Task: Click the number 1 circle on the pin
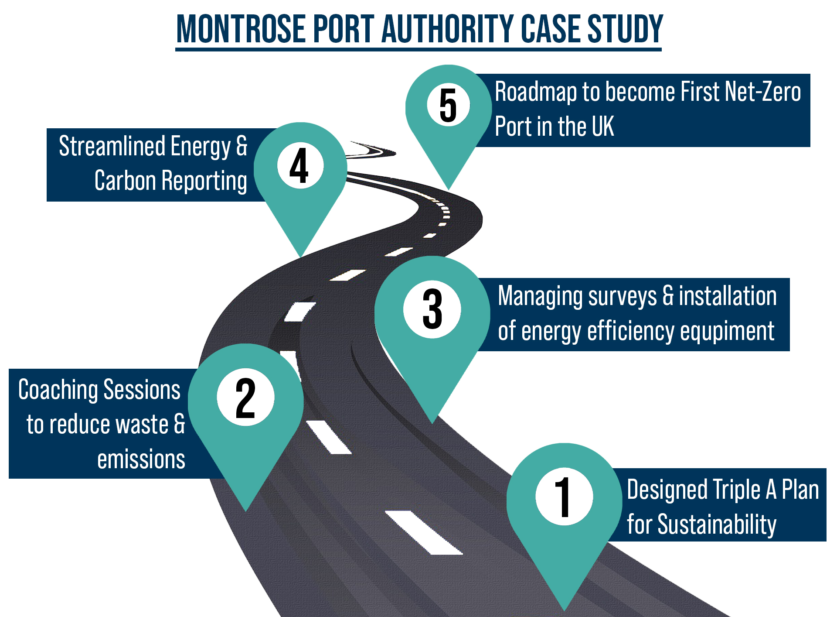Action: [x=564, y=496]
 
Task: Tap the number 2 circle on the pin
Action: [x=245, y=397]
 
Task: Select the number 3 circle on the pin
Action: [x=432, y=309]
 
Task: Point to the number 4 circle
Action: [x=300, y=166]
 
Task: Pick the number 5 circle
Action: [x=448, y=105]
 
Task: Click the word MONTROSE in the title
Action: [x=241, y=29]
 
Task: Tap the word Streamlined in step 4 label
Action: [x=112, y=146]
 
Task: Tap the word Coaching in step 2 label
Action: [x=58, y=390]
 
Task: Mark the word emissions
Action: [x=141, y=460]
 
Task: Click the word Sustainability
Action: [x=717, y=524]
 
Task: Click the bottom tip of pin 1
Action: [x=564, y=609]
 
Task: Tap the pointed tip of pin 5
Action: [x=448, y=189]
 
